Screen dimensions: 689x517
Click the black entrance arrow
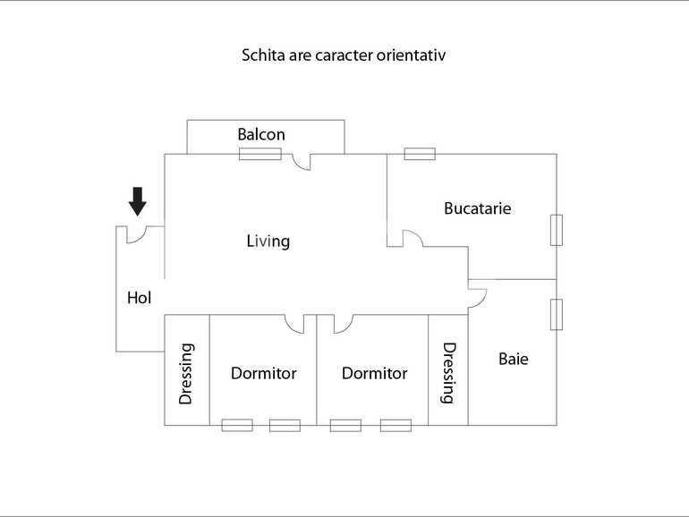point(137,201)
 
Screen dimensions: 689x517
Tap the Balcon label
point(261,135)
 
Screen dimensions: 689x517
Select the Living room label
point(268,242)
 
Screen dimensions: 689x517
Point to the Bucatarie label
point(478,208)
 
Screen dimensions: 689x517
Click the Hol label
point(140,299)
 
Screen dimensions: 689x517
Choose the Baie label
point(514,360)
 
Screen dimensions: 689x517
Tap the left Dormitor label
point(263,374)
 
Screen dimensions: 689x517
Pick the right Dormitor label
point(374,374)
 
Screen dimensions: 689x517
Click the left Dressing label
point(186,374)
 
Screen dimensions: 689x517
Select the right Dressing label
point(449,374)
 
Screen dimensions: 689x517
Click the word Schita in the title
point(260,55)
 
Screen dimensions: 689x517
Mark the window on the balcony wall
point(260,154)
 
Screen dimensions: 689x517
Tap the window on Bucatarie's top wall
point(420,154)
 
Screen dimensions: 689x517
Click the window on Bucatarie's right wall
point(557,230)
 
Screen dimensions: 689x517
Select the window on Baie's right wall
point(557,314)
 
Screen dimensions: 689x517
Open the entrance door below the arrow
point(137,234)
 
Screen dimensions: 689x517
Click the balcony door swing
point(301,161)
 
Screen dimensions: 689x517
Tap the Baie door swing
point(476,296)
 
